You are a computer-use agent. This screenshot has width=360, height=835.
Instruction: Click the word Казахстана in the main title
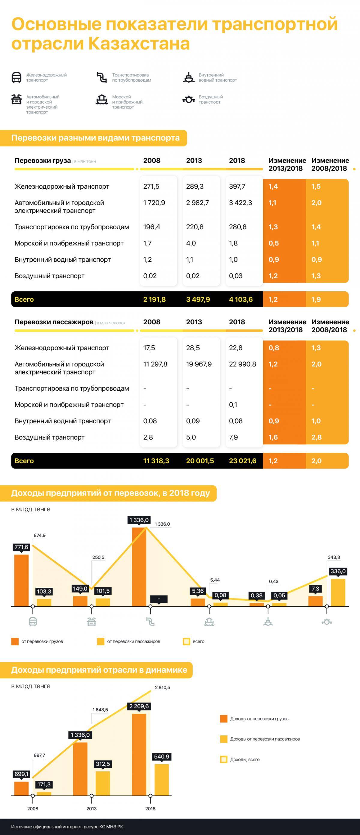(x=139, y=44)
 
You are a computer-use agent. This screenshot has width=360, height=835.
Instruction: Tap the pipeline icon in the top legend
(x=102, y=78)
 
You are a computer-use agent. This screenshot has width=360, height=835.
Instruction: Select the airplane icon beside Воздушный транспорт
(x=189, y=100)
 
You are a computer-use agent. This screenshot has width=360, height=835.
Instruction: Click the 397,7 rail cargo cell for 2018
(x=237, y=186)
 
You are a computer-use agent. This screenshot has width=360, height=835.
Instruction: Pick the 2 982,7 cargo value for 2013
(x=197, y=203)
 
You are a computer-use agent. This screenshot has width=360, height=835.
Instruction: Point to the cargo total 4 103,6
(x=241, y=299)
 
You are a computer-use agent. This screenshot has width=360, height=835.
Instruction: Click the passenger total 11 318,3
(x=156, y=461)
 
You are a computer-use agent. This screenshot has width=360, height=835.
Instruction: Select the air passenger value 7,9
(x=233, y=437)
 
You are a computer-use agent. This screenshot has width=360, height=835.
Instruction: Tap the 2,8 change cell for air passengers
(x=316, y=437)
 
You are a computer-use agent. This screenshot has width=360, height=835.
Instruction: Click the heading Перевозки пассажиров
(x=54, y=322)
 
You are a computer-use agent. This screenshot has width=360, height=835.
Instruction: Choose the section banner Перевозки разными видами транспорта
(x=95, y=138)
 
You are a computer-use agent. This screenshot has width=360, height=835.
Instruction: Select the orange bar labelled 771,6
(x=21, y=580)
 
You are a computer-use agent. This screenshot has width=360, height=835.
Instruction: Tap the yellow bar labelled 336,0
(x=338, y=592)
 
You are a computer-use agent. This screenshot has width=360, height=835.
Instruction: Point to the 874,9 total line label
(x=40, y=535)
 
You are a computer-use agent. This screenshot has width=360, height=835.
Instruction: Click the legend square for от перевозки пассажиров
(x=100, y=641)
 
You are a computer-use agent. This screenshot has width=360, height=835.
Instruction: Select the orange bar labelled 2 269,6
(x=139, y=754)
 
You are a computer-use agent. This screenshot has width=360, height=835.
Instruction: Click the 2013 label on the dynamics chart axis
(x=91, y=808)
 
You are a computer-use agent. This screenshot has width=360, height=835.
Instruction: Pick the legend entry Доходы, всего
(x=244, y=759)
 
